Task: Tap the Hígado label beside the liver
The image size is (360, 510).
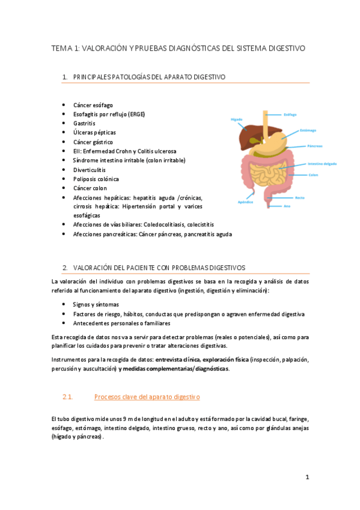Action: coord(236,119)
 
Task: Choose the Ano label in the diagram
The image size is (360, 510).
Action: coord(287,206)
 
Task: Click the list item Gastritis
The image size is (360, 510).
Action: coord(84,123)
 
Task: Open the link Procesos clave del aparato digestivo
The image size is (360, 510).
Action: coord(147,397)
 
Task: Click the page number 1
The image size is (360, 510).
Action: coord(307,478)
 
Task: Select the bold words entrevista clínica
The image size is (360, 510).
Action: coord(178,359)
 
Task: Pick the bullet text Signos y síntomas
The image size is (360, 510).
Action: coord(96,304)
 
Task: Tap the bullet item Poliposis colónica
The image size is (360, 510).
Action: coord(96,179)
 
